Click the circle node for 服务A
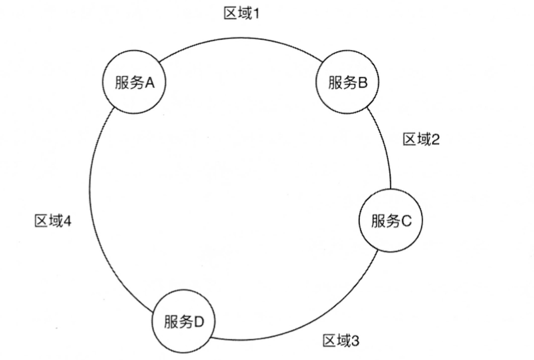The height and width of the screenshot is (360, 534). click(134, 83)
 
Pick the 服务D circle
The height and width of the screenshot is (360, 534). click(183, 321)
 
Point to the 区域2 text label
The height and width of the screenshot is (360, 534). click(421, 139)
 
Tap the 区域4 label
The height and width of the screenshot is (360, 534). click(53, 222)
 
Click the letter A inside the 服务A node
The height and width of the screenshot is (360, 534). click(149, 83)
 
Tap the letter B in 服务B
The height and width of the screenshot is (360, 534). click(363, 83)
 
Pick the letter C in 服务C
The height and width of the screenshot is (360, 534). click(406, 221)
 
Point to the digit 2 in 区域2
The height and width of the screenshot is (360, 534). click(436, 139)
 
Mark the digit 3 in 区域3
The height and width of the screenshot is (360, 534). click(355, 340)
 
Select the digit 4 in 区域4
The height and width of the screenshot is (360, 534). click(68, 222)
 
